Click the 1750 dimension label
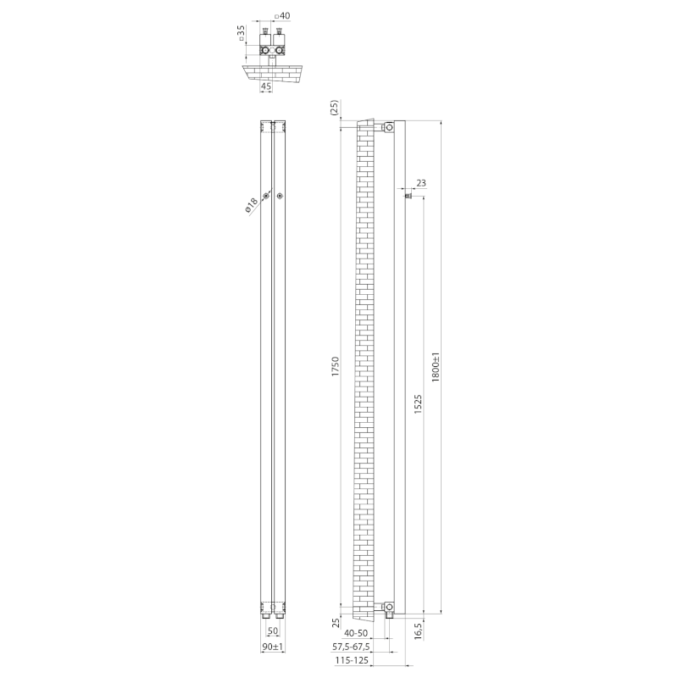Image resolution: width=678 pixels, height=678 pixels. pyautogui.click(x=336, y=366)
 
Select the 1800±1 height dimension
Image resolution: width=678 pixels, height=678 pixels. pyautogui.click(x=436, y=366)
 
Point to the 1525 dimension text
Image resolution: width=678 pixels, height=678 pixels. pyautogui.click(x=418, y=404)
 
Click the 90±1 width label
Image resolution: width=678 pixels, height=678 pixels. pyautogui.click(x=272, y=647)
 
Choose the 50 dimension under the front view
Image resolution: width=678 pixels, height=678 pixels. pyautogui.click(x=273, y=631)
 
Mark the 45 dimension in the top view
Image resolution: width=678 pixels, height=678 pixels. pyautogui.click(x=266, y=86)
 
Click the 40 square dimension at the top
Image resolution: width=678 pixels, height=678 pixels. pyautogui.click(x=283, y=16)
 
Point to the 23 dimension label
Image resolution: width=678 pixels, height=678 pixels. pyautogui.click(x=421, y=183)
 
